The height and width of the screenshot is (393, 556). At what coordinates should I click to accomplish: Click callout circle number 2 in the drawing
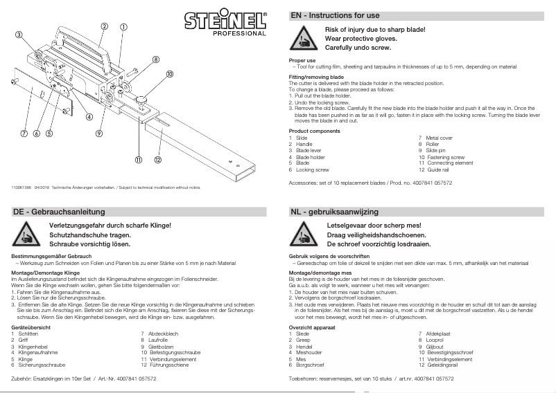(x=103, y=26)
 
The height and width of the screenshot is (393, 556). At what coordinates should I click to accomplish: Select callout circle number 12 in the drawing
(x=158, y=161)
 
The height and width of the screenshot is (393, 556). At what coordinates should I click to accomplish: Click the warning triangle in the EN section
(x=304, y=40)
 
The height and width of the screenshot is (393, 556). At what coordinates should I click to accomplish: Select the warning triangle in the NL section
(x=304, y=237)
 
